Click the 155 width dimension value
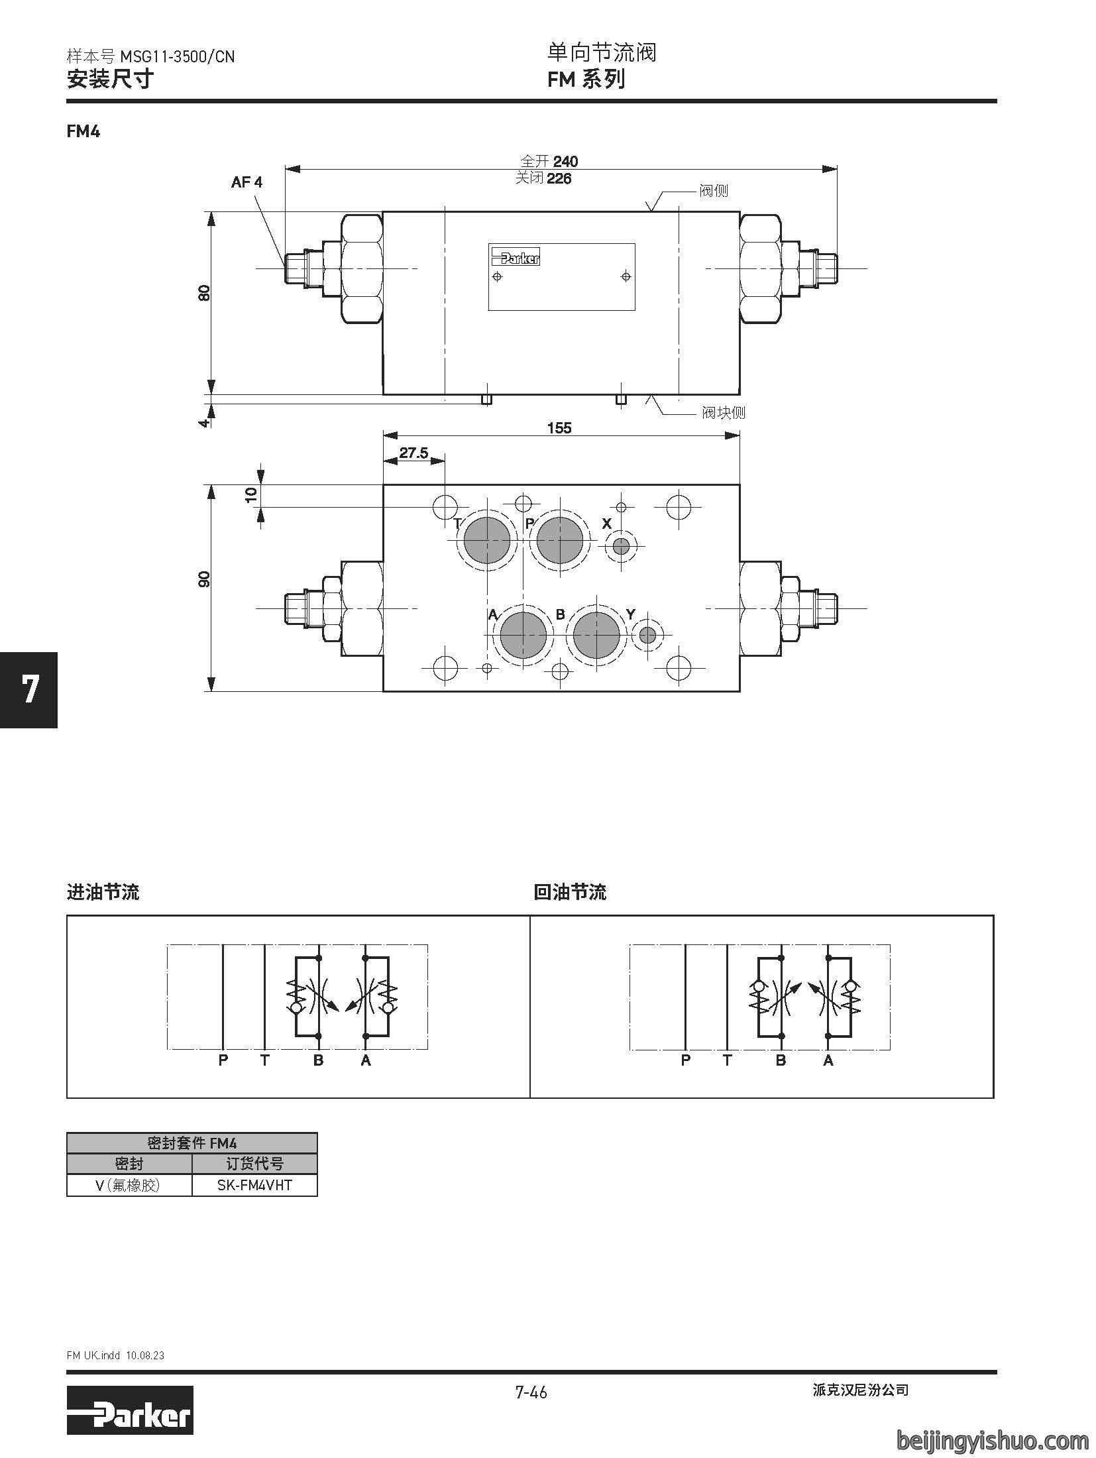[x=559, y=427]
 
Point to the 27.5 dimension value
[x=413, y=453]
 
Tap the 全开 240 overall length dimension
[x=549, y=161]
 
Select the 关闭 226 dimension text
[x=543, y=178]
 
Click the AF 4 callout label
[x=247, y=182]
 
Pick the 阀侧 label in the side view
[x=714, y=191]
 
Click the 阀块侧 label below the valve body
[x=724, y=413]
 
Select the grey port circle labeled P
[x=562, y=539]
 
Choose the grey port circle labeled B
[x=597, y=636]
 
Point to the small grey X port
[x=621, y=547]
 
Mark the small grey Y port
[x=647, y=636]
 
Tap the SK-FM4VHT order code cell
[x=254, y=1185]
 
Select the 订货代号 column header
[x=254, y=1164]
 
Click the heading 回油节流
[x=570, y=892]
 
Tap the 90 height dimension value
[x=204, y=579]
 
